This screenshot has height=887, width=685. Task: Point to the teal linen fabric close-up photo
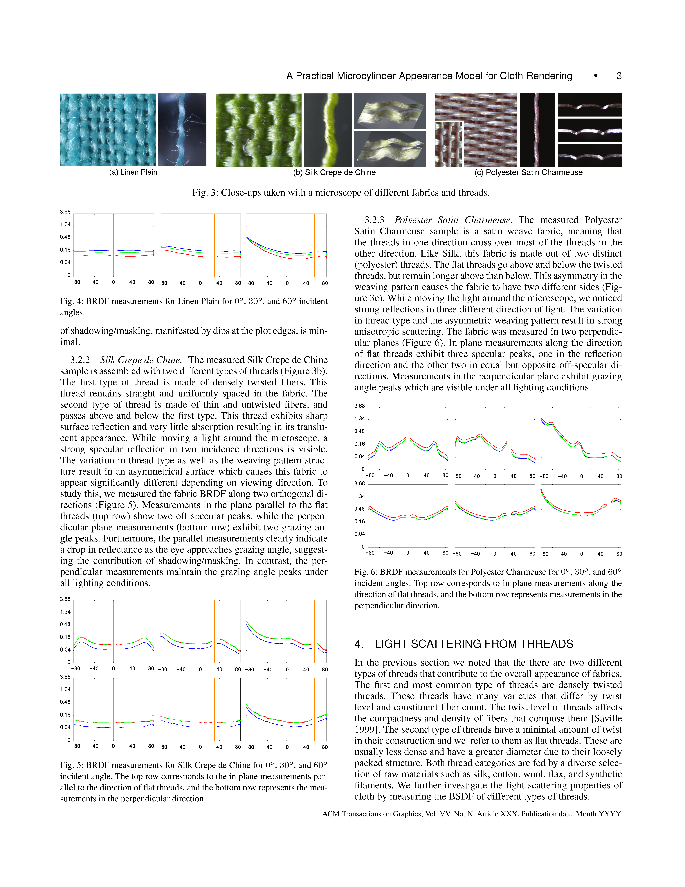point(108,130)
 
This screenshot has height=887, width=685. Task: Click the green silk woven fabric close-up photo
point(259,130)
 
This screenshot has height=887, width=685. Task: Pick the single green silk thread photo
point(327,130)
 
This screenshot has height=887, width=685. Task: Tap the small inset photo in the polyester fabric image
point(448,144)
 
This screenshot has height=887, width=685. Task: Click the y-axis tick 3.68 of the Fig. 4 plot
point(65,212)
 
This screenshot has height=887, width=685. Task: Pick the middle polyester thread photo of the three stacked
point(589,130)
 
